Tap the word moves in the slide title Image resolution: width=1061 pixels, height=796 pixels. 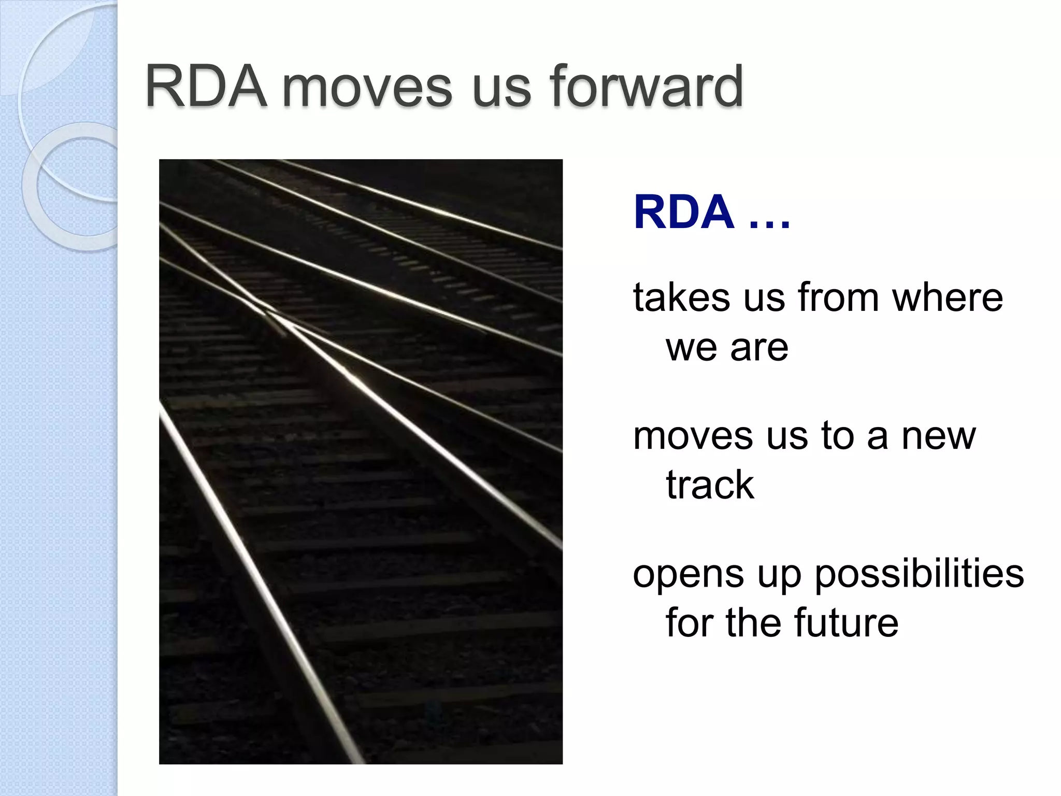pyautogui.click(x=367, y=87)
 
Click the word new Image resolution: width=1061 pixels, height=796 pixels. pyautogui.click(x=939, y=436)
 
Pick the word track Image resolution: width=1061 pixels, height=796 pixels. pyautogui.click(x=710, y=485)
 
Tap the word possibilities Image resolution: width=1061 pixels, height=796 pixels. pyautogui.click(x=919, y=574)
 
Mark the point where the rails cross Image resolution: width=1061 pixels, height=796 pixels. pyautogui.click(x=272, y=314)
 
